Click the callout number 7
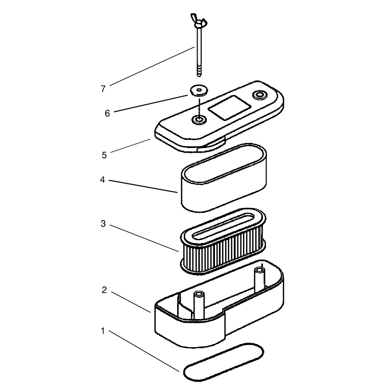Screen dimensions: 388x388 click(103, 89)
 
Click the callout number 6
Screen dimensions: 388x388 click(107, 113)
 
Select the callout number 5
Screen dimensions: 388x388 click(104, 155)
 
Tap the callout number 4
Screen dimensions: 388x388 click(103, 180)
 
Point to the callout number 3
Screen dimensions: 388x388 click(103, 224)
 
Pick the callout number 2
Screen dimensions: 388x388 click(104, 290)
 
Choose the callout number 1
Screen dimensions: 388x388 click(103, 331)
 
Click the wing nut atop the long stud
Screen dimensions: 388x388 click(199, 21)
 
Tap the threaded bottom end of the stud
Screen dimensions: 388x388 click(199, 71)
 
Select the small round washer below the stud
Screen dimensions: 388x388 click(199, 90)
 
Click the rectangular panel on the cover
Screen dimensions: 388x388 click(229, 108)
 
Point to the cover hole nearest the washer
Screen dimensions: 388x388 click(199, 119)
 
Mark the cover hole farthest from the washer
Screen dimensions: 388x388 click(259, 95)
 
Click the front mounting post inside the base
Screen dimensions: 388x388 click(199, 305)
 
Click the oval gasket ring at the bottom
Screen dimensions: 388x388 click(223, 362)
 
